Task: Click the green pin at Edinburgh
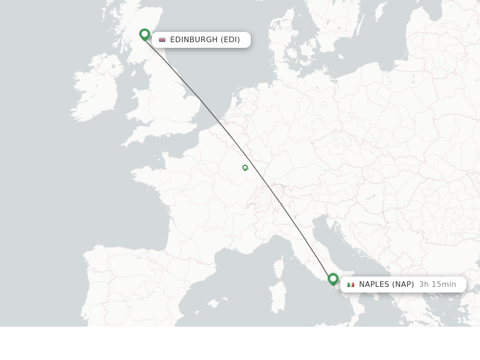(x=144, y=34)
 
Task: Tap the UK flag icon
(x=162, y=40)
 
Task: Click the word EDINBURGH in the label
(x=194, y=40)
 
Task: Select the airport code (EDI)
(x=230, y=40)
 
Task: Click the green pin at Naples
(x=333, y=279)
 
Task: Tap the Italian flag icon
(x=351, y=285)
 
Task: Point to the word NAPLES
(x=374, y=285)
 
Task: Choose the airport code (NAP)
(x=403, y=285)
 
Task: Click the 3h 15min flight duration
(x=437, y=285)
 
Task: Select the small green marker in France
(x=245, y=167)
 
